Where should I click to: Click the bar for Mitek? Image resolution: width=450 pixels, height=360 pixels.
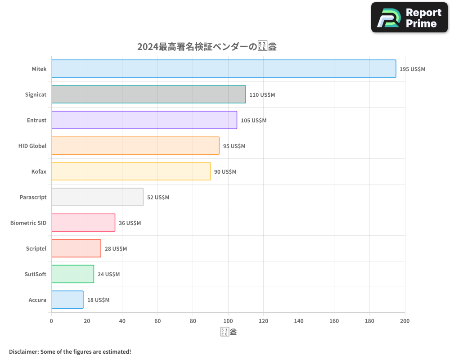pos(224,69)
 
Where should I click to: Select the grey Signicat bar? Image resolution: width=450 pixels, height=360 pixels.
pos(148,94)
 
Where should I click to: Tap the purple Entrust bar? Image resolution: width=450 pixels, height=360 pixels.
pos(144,120)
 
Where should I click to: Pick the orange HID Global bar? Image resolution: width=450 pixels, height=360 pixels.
pos(135,146)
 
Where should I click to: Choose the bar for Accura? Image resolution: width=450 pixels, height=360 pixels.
pos(67,300)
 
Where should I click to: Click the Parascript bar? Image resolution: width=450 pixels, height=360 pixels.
pos(97,197)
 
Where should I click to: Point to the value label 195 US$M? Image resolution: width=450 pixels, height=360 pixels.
pos(412,69)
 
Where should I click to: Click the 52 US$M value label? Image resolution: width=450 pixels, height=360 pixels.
pos(158,198)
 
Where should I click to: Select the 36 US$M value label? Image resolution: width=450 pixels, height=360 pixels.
pos(130,223)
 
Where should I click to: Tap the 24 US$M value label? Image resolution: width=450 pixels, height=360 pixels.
pos(108,274)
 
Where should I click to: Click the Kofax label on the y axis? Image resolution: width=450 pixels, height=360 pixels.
pos(39,171)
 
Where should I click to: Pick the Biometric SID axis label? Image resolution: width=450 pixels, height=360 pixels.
pos(28,223)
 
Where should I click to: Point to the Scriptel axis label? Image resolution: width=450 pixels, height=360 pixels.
pos(36,248)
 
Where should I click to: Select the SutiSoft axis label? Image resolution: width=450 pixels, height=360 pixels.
pos(36,274)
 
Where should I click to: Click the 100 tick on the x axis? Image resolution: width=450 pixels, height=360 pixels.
pos(228,321)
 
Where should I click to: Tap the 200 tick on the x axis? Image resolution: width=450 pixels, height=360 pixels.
pos(405,321)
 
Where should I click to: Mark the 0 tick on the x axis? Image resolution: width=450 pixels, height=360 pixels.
pos(51,321)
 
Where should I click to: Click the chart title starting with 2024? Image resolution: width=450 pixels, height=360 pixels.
pos(207,46)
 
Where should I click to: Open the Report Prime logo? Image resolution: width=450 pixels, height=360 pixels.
pos(409,18)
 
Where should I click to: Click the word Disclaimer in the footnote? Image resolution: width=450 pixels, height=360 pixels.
pos(23,351)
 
